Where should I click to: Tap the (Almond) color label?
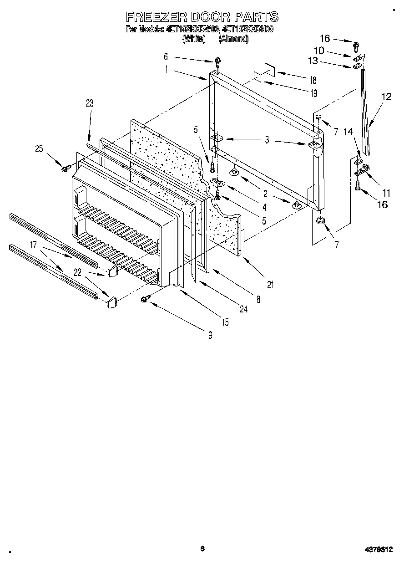click(234, 39)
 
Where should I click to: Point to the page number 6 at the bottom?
click(202, 549)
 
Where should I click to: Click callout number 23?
click(90, 103)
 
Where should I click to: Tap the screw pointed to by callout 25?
click(65, 169)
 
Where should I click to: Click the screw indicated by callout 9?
click(145, 298)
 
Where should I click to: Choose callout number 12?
click(386, 97)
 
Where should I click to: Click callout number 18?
click(313, 81)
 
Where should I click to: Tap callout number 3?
click(267, 140)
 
